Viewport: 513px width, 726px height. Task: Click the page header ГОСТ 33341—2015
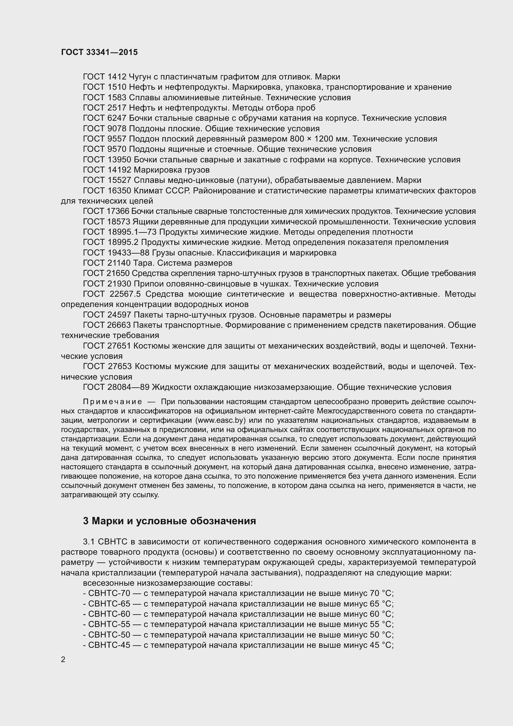click(x=99, y=52)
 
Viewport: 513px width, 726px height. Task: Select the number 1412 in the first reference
click(x=117, y=77)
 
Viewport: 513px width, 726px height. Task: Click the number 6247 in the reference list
click(x=117, y=118)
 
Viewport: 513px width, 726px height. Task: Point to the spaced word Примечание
click(x=113, y=402)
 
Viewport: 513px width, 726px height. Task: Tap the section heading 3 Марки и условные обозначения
click(x=169, y=521)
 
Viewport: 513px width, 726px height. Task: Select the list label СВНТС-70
click(x=109, y=593)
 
